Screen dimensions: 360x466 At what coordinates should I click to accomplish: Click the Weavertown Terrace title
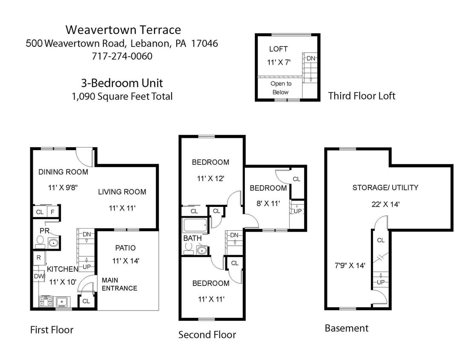[123, 30]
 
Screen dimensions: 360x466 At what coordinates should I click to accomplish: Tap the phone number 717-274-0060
[122, 56]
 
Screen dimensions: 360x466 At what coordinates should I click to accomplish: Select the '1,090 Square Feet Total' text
[122, 96]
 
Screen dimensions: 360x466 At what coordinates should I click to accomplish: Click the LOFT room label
[278, 49]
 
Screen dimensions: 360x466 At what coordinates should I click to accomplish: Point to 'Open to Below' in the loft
[281, 88]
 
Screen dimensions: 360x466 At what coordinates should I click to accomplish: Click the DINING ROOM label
[63, 172]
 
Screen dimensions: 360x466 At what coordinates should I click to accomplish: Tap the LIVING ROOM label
[122, 192]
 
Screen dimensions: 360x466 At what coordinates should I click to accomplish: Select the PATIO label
[125, 248]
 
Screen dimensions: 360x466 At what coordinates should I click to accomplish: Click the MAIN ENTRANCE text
[119, 284]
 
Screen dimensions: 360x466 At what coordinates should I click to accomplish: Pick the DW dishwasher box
[39, 276]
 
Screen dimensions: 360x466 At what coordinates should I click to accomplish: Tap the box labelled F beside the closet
[52, 212]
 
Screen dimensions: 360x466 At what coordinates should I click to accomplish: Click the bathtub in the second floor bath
[195, 225]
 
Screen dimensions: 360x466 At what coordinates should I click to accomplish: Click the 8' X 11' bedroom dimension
[268, 203]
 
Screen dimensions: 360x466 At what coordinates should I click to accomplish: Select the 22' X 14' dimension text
[385, 204]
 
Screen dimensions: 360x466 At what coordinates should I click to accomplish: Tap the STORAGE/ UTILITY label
[385, 187]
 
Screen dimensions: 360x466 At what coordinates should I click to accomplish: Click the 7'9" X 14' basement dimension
[350, 266]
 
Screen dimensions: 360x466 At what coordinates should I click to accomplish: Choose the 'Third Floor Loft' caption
[361, 96]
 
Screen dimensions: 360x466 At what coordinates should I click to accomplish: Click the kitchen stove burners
[45, 302]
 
